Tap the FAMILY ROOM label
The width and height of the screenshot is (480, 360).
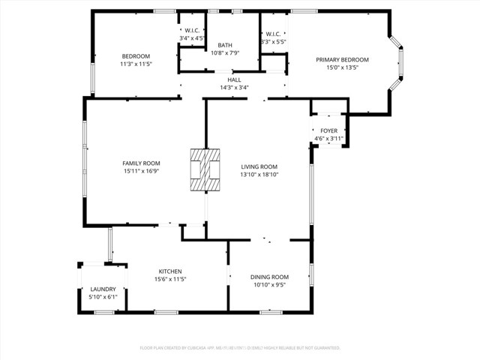[x=142, y=163]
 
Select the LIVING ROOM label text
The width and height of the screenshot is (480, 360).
[x=259, y=166]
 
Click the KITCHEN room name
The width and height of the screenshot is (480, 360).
[x=169, y=271]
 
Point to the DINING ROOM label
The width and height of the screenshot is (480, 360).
[x=269, y=277]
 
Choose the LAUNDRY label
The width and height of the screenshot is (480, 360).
[x=103, y=289]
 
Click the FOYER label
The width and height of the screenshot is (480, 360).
[x=328, y=130]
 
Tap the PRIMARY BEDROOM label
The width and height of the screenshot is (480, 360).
[x=342, y=59]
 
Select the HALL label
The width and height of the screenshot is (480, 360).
[x=234, y=79]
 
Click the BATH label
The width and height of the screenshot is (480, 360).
[x=225, y=45]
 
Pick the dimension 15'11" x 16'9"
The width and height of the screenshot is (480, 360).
[x=142, y=171]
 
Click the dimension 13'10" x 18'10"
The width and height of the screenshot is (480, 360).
[x=259, y=175]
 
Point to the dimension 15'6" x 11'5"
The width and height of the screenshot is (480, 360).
[x=169, y=279]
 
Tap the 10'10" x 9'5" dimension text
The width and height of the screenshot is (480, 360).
[x=269, y=284]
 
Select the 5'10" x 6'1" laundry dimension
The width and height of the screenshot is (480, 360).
[x=103, y=296]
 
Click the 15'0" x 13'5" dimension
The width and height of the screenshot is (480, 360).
[x=342, y=67]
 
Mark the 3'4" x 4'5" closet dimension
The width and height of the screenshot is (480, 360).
[x=192, y=37]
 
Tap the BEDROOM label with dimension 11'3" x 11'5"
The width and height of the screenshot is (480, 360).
[x=136, y=56]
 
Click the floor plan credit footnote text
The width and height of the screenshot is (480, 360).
[x=240, y=348]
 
